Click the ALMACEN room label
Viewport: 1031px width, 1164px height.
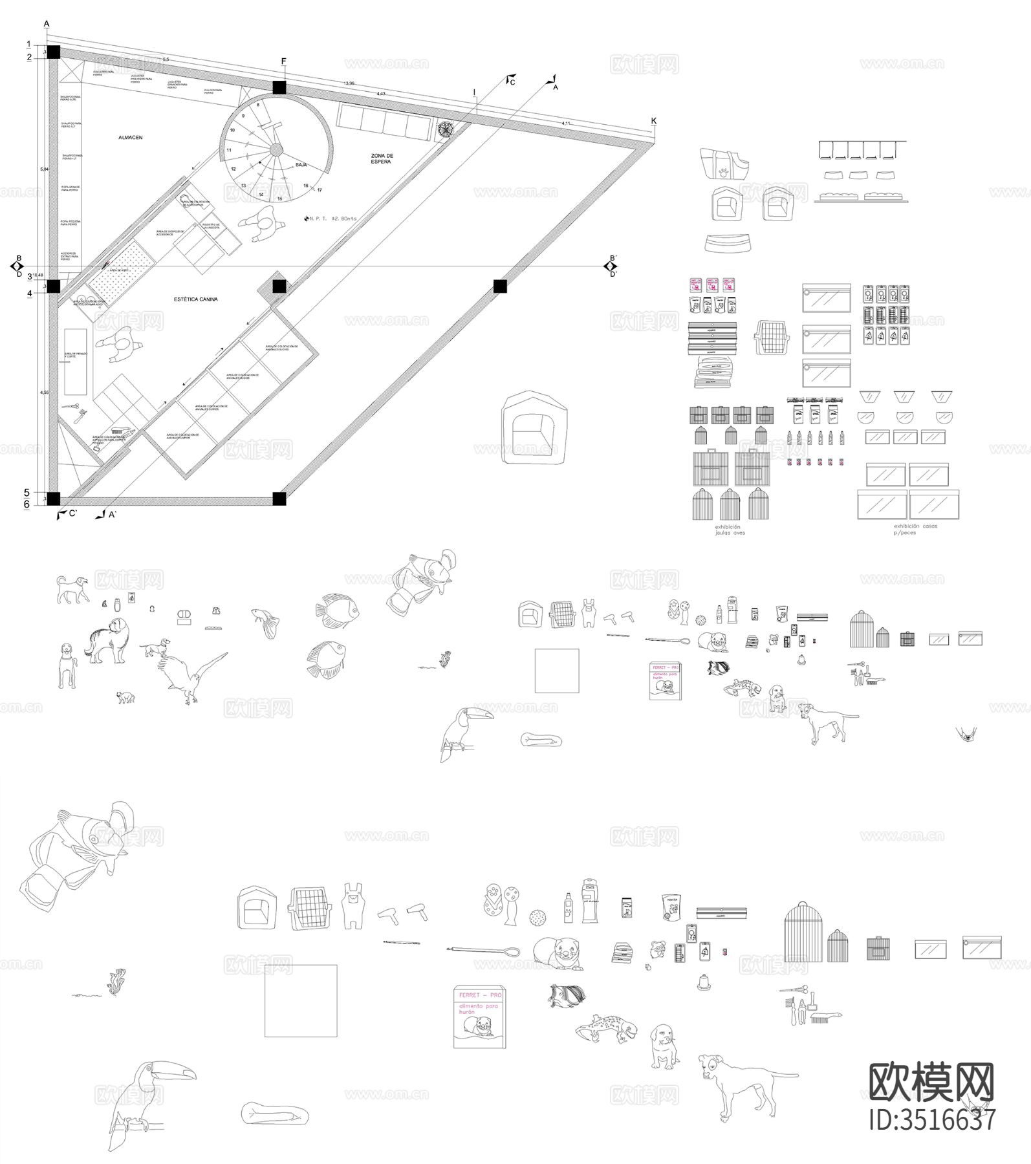point(130,138)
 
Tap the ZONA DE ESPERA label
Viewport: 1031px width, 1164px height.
point(382,158)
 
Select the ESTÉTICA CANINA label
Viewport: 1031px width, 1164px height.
point(195,299)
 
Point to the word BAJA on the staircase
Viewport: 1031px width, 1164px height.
point(301,166)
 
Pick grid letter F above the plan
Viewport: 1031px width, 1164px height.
point(283,61)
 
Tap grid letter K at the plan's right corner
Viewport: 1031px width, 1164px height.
point(654,121)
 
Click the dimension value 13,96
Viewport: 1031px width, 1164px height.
point(349,83)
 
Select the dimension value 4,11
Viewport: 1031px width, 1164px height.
point(566,123)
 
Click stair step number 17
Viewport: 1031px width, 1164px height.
point(320,190)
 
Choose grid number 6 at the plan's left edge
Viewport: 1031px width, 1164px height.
point(27,504)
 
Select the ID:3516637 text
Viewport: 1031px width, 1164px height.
point(931,1120)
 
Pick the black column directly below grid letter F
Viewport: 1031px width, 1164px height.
point(279,87)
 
